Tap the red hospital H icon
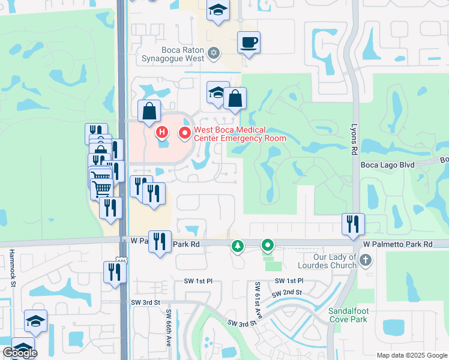[161, 131]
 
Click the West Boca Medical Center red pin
[185, 133]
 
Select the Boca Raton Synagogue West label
[173, 55]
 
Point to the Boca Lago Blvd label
[388, 163]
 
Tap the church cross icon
[367, 260]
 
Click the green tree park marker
[238, 246]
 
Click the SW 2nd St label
[285, 293]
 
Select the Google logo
[20, 353]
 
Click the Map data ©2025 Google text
[411, 355]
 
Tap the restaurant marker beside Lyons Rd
[353, 224]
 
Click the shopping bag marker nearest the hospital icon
[149, 112]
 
